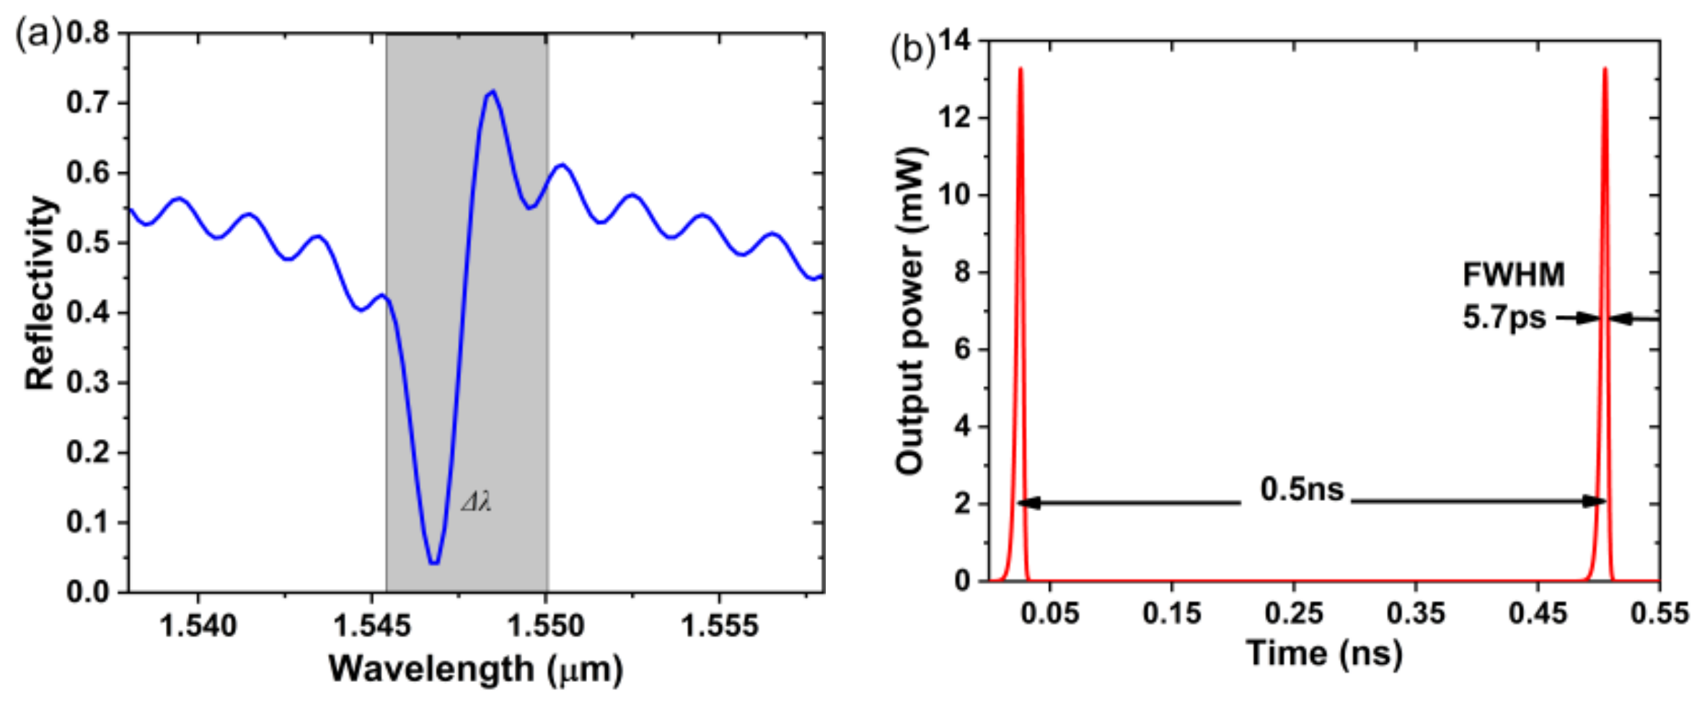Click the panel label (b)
(912, 50)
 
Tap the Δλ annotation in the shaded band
(477, 502)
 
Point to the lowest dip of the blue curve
(433, 562)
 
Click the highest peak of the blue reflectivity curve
(493, 92)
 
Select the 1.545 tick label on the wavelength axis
(371, 625)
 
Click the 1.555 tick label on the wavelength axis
(719, 625)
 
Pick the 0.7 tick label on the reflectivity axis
(88, 103)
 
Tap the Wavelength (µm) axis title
(476, 668)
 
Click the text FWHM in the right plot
(1513, 275)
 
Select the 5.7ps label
(1504, 317)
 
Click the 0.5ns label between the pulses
(1302, 489)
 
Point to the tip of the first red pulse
(1020, 68)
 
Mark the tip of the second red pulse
(1605, 68)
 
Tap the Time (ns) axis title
(1324, 653)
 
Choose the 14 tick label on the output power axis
(954, 41)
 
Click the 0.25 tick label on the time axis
(1294, 613)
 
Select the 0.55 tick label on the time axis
(1659, 613)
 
